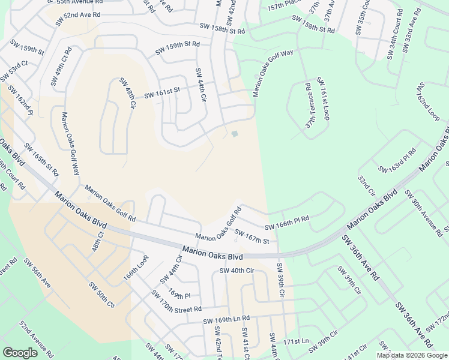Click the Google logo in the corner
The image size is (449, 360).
[x=20, y=353]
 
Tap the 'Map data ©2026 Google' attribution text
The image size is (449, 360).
[x=412, y=355]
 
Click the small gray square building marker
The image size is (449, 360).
[x=234, y=134]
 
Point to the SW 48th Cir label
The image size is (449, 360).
[x=127, y=93]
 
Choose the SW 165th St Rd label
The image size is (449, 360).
[x=42, y=160]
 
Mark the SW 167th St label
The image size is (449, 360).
[x=251, y=236]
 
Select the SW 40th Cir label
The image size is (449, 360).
[x=237, y=271]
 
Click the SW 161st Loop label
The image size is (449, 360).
[x=323, y=99]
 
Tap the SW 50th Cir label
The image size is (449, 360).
[x=101, y=294]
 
